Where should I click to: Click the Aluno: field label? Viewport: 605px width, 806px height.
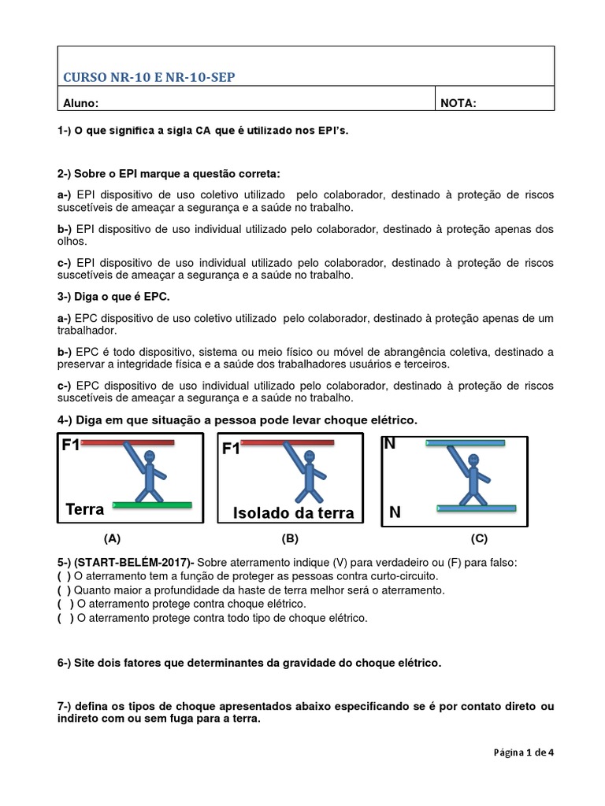80,102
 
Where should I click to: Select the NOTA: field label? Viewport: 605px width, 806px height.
458,102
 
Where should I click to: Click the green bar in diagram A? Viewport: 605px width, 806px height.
152,504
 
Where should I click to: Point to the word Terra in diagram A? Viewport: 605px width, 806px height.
85,509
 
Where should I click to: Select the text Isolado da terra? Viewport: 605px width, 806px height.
293,513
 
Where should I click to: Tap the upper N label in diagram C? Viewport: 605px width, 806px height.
389,444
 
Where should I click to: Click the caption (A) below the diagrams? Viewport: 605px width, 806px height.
112,539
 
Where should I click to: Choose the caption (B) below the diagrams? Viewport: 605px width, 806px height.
290,539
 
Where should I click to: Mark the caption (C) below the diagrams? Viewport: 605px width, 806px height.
479,539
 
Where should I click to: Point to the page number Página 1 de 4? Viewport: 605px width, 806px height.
525,752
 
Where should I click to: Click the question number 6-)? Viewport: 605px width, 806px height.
65,663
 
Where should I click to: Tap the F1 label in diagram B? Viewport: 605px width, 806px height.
232,449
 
